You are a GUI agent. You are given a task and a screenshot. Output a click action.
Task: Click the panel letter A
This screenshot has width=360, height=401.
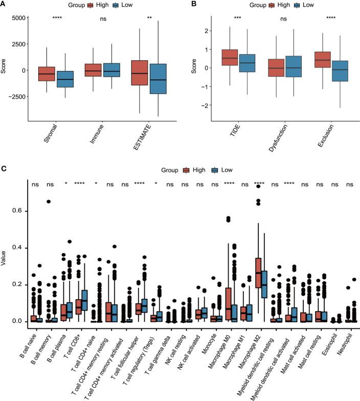click(x=4, y=5)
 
